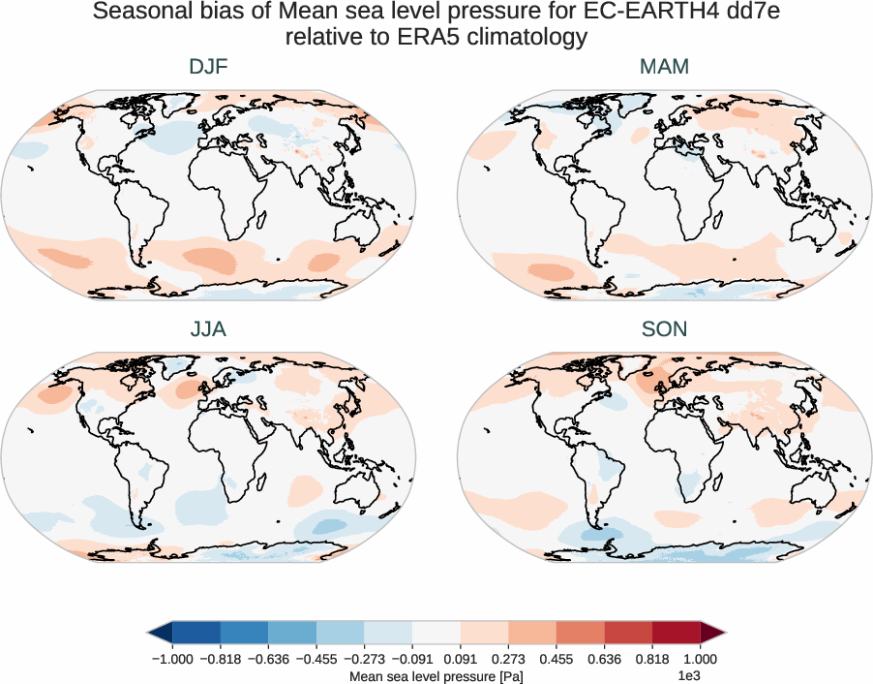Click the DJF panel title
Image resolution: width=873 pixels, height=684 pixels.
click(208, 67)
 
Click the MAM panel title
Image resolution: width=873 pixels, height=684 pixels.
click(664, 67)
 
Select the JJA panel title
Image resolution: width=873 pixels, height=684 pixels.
click(208, 329)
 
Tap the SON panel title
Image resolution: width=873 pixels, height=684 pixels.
click(664, 329)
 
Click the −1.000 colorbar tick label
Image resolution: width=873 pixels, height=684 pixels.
click(172, 658)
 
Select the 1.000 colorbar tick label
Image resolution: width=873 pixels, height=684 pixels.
click(700, 658)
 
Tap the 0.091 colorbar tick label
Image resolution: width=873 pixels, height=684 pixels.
click(460, 658)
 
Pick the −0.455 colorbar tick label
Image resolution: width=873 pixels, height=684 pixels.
click(316, 658)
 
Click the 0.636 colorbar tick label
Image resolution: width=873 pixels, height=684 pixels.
click(604, 658)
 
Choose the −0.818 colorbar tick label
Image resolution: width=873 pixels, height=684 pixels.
click(221, 658)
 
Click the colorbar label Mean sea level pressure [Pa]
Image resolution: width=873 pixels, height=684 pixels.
click(436, 675)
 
